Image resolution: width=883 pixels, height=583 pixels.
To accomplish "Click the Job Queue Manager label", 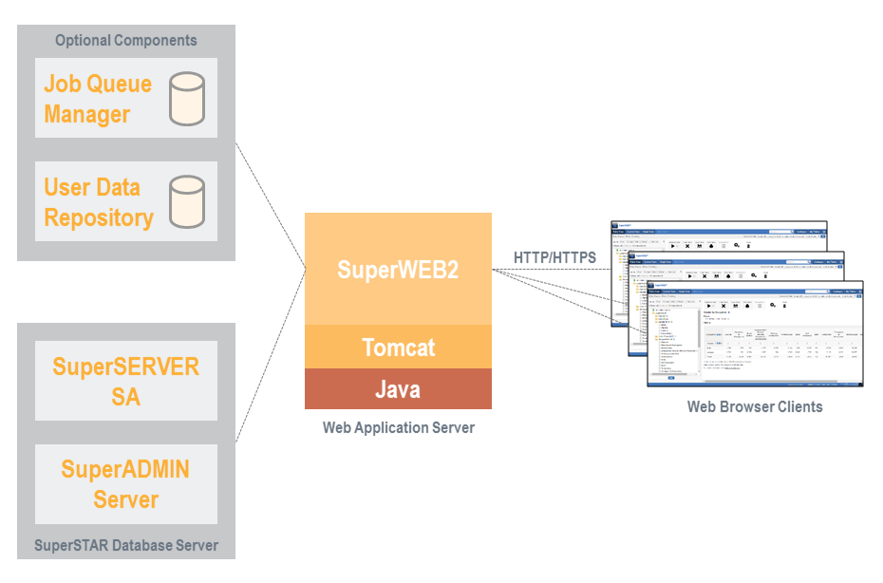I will click(x=98, y=99).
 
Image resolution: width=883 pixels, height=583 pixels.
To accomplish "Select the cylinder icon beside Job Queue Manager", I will click(x=186, y=99).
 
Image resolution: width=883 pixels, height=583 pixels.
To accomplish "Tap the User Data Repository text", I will click(x=99, y=202).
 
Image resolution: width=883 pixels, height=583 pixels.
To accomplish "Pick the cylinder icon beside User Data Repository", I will click(x=186, y=202).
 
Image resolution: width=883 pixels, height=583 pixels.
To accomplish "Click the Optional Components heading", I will click(x=126, y=40).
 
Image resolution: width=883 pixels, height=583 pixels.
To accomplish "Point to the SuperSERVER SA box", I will click(x=126, y=381).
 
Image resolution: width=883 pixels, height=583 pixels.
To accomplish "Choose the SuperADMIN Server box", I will click(x=126, y=483).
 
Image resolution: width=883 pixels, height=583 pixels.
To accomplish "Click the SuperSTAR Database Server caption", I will click(x=126, y=545).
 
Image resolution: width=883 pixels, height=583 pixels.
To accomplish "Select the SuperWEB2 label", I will click(x=398, y=270).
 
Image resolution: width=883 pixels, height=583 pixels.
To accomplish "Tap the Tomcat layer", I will click(x=398, y=347).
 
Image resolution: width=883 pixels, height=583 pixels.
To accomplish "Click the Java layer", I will click(x=398, y=389).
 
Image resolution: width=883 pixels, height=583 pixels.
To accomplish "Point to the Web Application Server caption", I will click(x=398, y=427).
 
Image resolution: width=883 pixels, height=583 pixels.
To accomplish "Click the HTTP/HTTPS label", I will click(x=554, y=257).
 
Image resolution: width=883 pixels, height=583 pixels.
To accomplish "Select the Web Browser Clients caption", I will click(x=755, y=406).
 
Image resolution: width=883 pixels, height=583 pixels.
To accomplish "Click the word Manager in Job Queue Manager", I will click(x=87, y=114).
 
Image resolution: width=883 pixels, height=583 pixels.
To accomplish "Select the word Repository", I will click(x=99, y=217).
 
